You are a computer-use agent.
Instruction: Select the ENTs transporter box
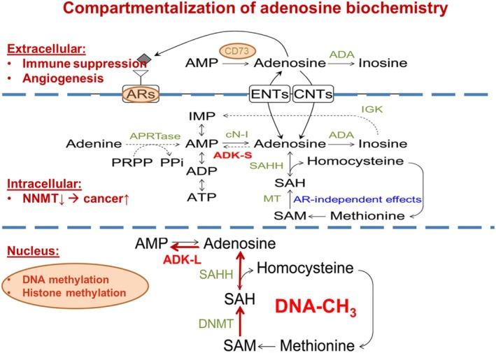[x=270, y=93]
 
